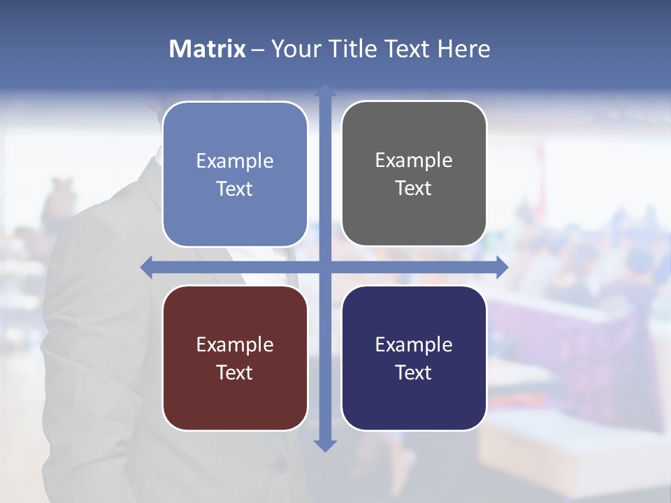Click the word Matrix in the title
coord(207,49)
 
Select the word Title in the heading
coord(354,49)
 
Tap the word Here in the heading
coord(464,49)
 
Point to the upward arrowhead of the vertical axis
coord(325,91)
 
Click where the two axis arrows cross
coord(325,267)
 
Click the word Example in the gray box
coord(414,161)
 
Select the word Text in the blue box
coord(235,189)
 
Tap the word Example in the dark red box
coord(235,344)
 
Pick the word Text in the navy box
coord(414,372)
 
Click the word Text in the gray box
coord(414,189)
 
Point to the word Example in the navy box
coord(414,344)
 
